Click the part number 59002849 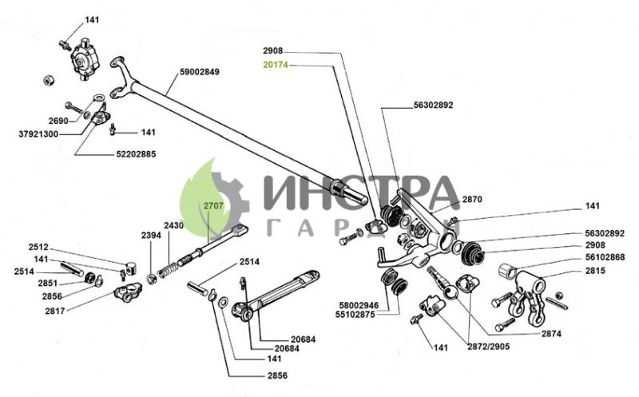pos(199,72)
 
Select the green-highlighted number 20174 pos(276,65)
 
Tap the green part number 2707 pos(213,206)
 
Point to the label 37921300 pos(38,133)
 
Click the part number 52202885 pos(136,154)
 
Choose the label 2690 pos(58,121)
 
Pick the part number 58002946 pos(359,305)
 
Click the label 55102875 pos(355,315)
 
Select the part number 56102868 pos(605,257)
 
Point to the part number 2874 pos(551,334)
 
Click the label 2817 pos(55,311)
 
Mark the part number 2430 pos(174,225)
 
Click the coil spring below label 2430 pos(168,270)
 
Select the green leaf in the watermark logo pos(202,200)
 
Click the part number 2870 pos(472,200)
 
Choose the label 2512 pos(38,247)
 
